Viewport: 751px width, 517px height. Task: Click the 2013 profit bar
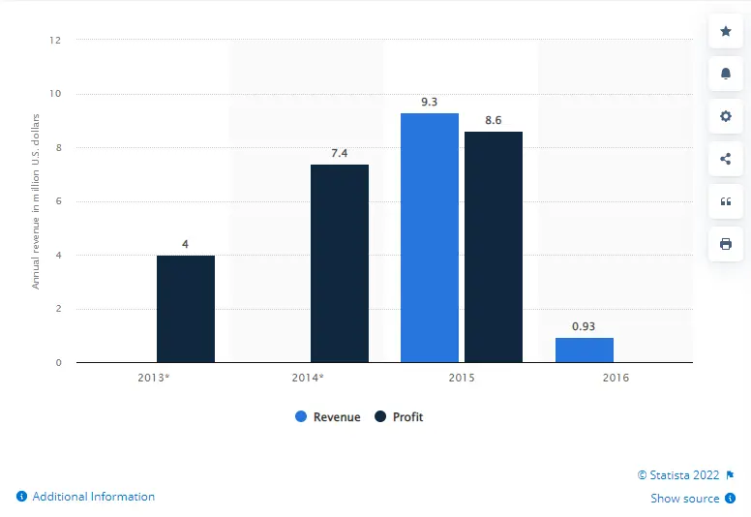click(186, 309)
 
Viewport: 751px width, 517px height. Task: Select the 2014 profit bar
click(340, 263)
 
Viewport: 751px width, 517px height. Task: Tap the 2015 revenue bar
click(430, 238)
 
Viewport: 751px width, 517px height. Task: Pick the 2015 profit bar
click(494, 247)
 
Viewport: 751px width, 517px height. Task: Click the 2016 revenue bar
click(585, 350)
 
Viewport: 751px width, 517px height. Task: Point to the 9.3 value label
click(430, 101)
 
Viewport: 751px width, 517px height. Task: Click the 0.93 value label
click(585, 326)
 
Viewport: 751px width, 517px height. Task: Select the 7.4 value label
click(340, 152)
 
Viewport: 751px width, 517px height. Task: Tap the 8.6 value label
click(494, 119)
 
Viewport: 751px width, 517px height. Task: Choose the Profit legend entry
click(399, 417)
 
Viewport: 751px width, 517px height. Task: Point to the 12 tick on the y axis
click(56, 41)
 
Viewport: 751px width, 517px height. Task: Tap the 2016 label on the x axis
click(615, 378)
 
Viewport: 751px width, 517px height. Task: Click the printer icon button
click(726, 244)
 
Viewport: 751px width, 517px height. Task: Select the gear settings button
click(726, 116)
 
